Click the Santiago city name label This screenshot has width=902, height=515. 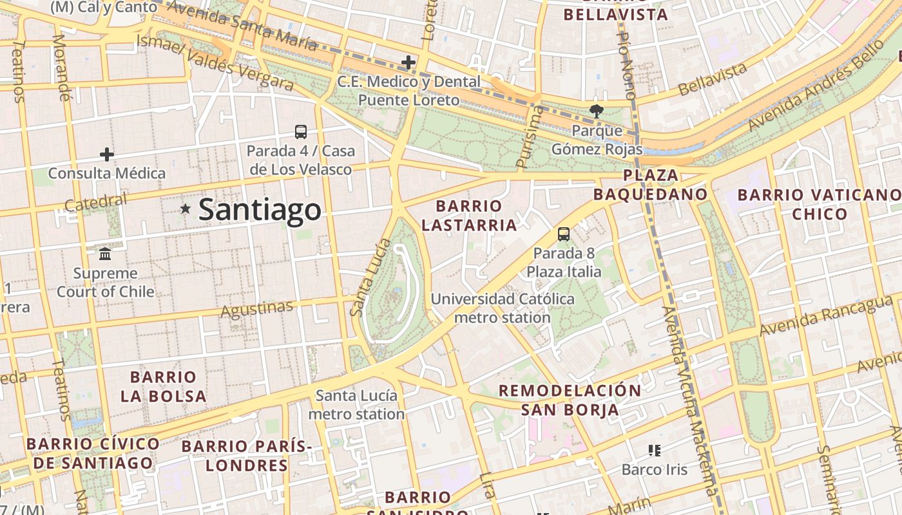tap(260, 210)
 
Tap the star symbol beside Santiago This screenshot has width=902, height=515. tap(186, 209)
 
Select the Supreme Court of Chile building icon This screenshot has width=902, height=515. tap(105, 254)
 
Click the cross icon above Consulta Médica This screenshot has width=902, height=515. tap(107, 154)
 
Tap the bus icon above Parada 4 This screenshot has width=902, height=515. tap(301, 132)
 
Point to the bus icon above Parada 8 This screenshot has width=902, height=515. tap(564, 234)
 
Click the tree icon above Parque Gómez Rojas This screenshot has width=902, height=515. tap(597, 111)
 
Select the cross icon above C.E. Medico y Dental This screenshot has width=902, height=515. tap(408, 62)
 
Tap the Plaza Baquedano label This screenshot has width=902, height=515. tap(650, 185)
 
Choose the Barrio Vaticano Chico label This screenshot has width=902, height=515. tap(819, 204)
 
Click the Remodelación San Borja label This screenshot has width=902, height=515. tap(570, 400)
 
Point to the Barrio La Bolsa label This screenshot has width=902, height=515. tap(163, 386)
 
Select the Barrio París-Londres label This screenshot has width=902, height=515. tap(246, 455)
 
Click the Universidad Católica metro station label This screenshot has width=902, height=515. tap(503, 308)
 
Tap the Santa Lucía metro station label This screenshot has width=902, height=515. tap(356, 404)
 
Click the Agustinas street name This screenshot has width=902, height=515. tap(257, 310)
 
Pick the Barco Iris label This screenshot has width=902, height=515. tap(655, 469)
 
